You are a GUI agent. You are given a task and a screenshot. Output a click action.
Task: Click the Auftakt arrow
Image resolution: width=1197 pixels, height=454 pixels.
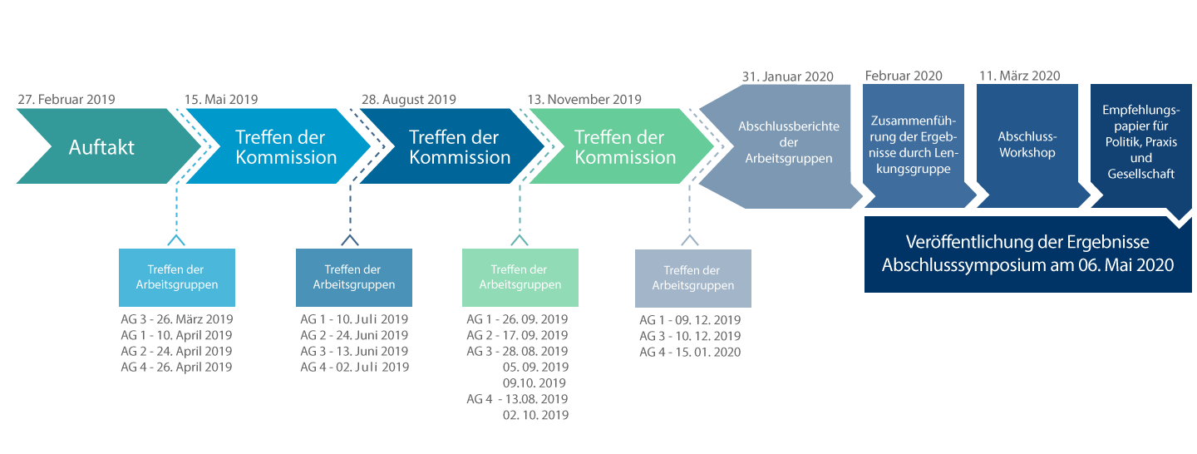pyautogui.click(x=107, y=146)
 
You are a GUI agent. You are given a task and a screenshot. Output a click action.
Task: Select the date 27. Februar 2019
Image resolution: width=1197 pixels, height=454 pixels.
pyautogui.click(x=66, y=100)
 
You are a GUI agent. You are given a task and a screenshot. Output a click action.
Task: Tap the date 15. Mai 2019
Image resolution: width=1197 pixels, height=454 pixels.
pyautogui.click(x=221, y=100)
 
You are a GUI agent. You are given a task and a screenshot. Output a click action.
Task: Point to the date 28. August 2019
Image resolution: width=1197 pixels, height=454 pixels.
pyautogui.click(x=409, y=100)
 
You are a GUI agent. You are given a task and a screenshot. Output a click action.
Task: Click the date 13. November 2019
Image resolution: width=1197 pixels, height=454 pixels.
pyautogui.click(x=584, y=100)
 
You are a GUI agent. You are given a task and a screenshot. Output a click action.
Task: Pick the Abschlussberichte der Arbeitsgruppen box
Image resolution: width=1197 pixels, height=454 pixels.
pyautogui.click(x=781, y=146)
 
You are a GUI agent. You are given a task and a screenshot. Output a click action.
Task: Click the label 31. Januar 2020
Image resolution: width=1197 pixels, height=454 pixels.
pyautogui.click(x=788, y=76)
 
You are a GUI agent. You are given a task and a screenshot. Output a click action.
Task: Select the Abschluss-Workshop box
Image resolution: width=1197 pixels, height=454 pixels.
pyautogui.click(x=1029, y=146)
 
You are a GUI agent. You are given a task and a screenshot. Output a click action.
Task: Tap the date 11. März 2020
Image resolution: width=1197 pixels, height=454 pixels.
pyautogui.click(x=1020, y=76)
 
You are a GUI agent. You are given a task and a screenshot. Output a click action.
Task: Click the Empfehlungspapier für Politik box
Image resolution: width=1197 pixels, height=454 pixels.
pyautogui.click(x=1140, y=146)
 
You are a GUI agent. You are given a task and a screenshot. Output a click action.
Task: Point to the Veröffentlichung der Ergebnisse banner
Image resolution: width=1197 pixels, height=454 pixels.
pyautogui.click(x=1027, y=254)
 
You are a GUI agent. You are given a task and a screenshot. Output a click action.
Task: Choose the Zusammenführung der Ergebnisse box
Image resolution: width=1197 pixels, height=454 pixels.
pyautogui.click(x=915, y=146)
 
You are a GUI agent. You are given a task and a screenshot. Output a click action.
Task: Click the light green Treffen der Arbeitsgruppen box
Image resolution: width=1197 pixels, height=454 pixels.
pyautogui.click(x=520, y=278)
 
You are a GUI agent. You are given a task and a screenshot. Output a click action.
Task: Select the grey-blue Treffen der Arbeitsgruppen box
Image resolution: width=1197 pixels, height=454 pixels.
pyautogui.click(x=693, y=278)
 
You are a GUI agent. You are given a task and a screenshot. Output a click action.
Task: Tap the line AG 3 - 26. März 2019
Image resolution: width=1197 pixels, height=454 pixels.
pyautogui.click(x=177, y=319)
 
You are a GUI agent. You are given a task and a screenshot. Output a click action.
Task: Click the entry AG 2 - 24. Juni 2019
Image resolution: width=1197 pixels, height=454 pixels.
pyautogui.click(x=354, y=335)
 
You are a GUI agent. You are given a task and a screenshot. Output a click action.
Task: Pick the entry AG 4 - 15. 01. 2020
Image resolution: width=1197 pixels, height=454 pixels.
pyautogui.click(x=691, y=353)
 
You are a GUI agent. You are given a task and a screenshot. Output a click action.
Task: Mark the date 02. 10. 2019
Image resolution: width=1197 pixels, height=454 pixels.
pyautogui.click(x=535, y=415)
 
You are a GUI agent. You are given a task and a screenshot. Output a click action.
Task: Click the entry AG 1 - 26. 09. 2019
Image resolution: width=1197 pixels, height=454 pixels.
pyautogui.click(x=517, y=319)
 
